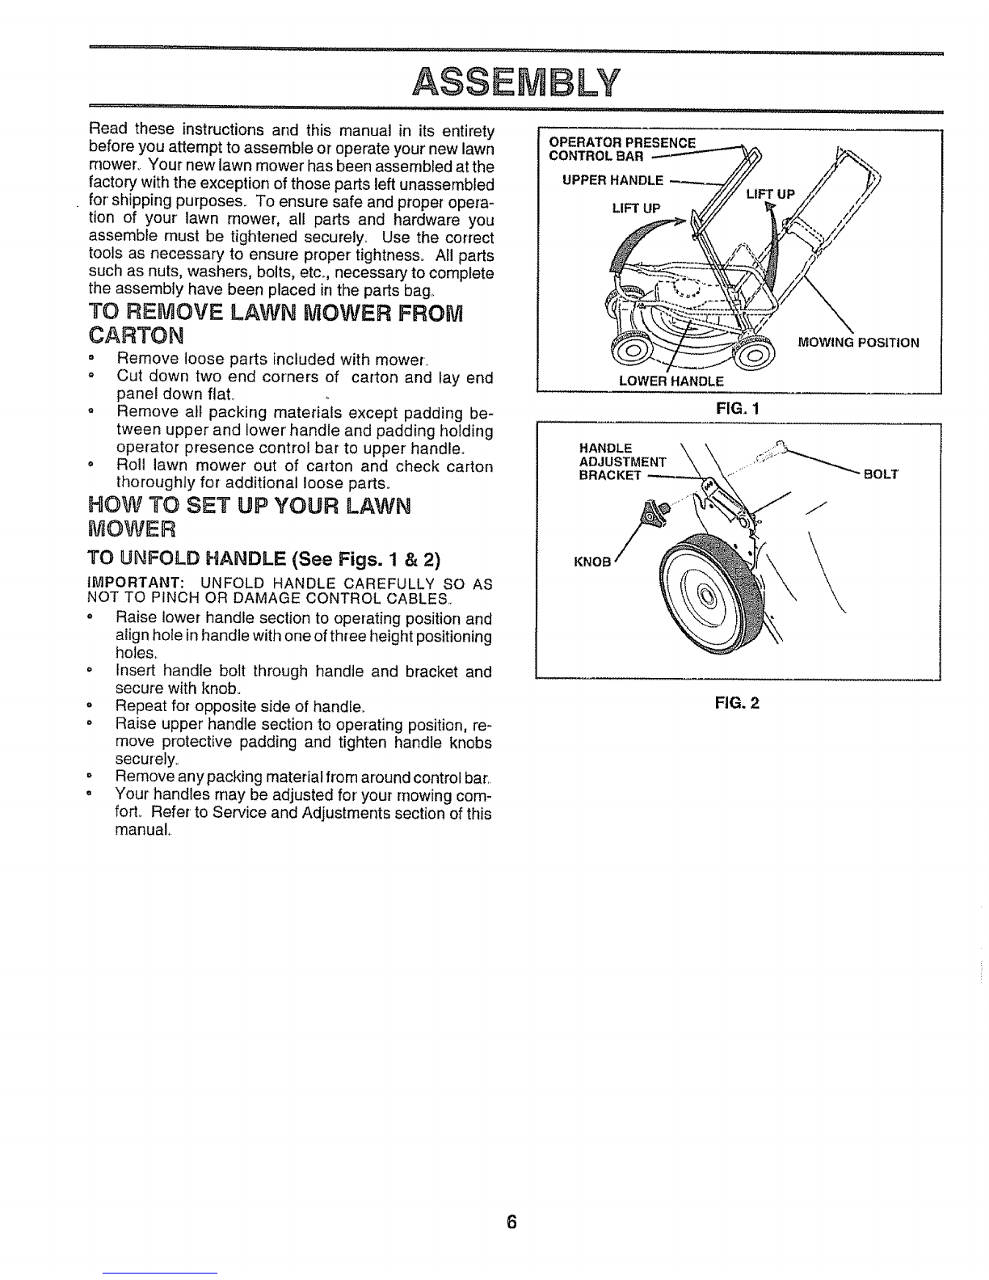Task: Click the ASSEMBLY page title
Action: (x=516, y=82)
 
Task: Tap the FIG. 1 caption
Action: (x=738, y=407)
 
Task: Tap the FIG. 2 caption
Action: (x=738, y=703)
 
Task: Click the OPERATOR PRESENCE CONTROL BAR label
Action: (x=622, y=149)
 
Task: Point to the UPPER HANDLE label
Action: (x=612, y=181)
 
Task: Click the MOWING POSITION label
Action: (x=858, y=343)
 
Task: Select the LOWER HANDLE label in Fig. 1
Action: (x=671, y=381)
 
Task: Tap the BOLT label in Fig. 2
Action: (x=881, y=475)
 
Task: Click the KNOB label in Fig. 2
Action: (x=592, y=562)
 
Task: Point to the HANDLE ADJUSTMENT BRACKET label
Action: (x=623, y=461)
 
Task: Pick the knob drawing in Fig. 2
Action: (x=654, y=510)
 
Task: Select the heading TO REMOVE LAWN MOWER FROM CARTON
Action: (x=276, y=323)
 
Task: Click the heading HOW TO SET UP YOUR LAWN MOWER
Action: (x=249, y=516)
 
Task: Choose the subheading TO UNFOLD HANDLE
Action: (x=263, y=558)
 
